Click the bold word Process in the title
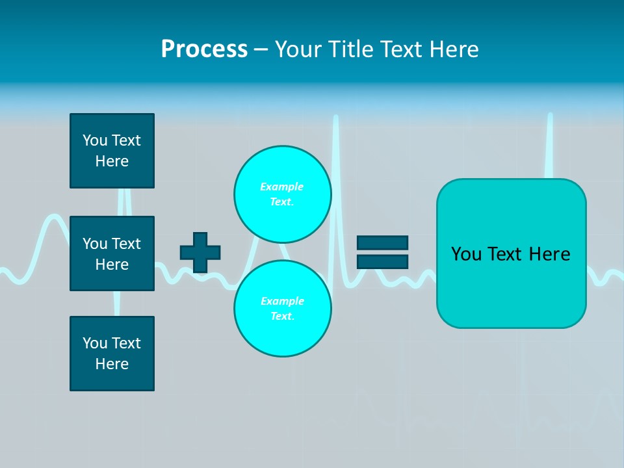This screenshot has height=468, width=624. tap(204, 49)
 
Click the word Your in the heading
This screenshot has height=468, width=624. tap(298, 49)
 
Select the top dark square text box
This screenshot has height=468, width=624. tap(112, 151)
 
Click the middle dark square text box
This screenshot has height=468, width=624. tap(112, 253)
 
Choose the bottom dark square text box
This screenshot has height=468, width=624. tap(112, 354)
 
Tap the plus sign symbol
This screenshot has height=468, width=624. tap(200, 252)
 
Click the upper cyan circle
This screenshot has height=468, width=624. tap(283, 194)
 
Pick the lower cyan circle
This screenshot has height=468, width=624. tap(283, 309)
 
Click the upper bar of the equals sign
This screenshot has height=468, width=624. tap(382, 243)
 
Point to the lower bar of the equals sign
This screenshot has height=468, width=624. tap(382, 261)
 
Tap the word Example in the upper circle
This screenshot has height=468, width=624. tap(282, 187)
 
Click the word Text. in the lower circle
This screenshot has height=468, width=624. tap(282, 317)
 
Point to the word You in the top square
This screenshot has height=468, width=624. tap(95, 140)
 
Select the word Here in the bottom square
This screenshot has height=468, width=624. tap(112, 364)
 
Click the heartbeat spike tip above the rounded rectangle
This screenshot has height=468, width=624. tap(550, 117)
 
